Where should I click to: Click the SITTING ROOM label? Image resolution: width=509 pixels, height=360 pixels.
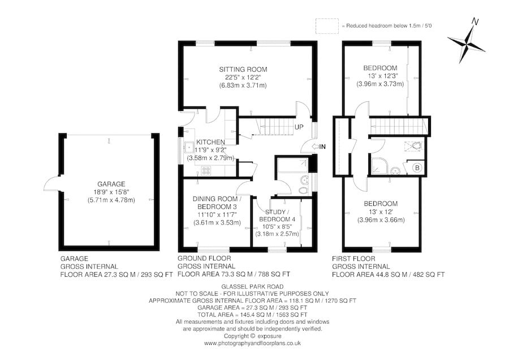click(x=243, y=70)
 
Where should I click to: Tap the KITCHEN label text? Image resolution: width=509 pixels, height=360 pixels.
click(x=210, y=142)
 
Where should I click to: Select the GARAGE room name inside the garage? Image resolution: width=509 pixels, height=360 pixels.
click(x=109, y=183)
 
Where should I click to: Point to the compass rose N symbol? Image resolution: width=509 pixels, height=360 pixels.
click(x=476, y=22)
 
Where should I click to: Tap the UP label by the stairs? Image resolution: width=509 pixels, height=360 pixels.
click(x=299, y=127)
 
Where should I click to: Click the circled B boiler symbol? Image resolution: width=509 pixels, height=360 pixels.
click(x=417, y=168)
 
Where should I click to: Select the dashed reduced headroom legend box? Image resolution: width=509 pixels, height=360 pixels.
click(x=327, y=26)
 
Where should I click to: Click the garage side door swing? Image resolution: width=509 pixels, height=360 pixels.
click(x=52, y=184)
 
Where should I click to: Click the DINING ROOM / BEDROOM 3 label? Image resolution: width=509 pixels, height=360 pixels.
click(x=217, y=203)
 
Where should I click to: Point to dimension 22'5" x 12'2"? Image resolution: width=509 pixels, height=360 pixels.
click(x=243, y=78)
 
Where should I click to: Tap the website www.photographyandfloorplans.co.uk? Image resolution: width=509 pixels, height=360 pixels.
click(x=252, y=343)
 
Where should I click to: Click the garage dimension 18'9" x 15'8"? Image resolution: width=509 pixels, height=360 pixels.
click(x=109, y=191)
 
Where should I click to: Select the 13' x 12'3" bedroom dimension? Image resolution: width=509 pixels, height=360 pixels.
click(x=380, y=76)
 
